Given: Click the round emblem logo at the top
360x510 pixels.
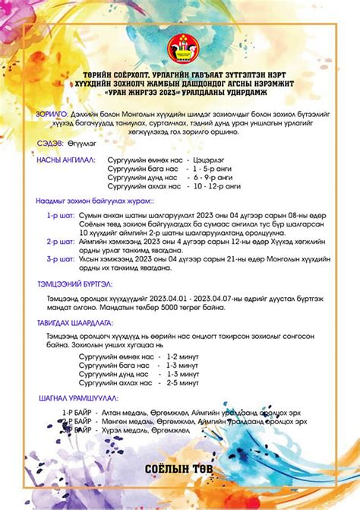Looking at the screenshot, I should [x=180, y=40].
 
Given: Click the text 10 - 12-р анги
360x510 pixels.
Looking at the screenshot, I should [x=217, y=185].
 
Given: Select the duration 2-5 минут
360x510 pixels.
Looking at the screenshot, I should [x=183, y=382].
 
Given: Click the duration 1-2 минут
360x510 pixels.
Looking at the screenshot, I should [x=183, y=356].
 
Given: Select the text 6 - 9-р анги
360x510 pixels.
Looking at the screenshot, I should [x=214, y=177].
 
